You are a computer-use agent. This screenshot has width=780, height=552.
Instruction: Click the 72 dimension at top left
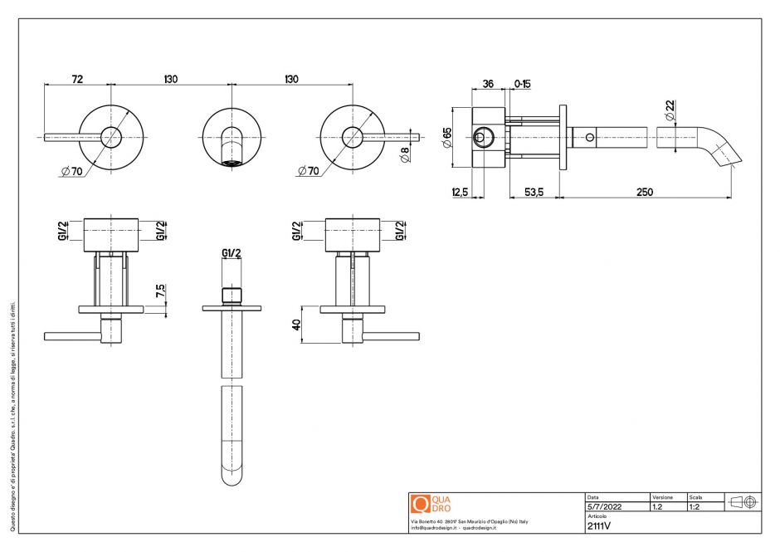pos(76,79)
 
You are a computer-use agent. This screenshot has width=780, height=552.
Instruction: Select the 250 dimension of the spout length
pos(644,192)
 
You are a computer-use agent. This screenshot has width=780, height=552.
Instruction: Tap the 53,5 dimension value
pos(534,192)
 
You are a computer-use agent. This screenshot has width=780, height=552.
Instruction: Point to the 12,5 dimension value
pos(459,192)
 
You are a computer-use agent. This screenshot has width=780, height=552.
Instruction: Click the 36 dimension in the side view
pos(488,84)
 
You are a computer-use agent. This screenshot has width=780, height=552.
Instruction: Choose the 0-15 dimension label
pos(523,84)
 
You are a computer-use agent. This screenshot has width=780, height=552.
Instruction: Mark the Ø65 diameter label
pos(446,138)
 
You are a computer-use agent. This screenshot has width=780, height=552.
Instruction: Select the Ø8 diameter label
pos(404,154)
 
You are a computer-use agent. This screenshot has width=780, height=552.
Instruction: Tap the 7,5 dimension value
pos(160,293)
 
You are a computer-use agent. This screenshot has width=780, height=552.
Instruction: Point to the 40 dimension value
pos(295,325)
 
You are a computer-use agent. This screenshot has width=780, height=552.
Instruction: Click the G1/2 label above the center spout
pos(232,252)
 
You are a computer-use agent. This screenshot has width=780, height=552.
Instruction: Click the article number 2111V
pos(599,525)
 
